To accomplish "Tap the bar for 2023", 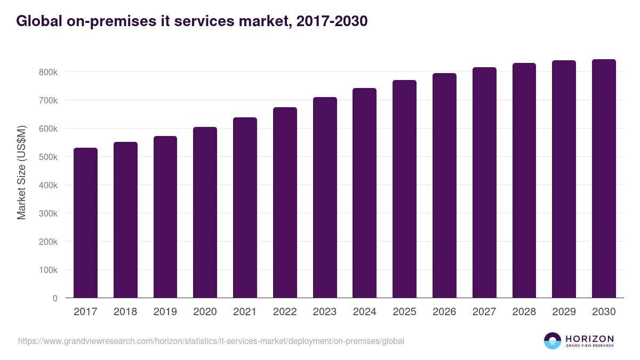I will [325, 197].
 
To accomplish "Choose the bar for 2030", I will [604, 179].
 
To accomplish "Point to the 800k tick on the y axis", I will [47, 72].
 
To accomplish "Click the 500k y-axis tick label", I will [47, 157].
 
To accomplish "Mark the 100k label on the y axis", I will [47, 270].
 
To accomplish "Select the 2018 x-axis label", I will [125, 312].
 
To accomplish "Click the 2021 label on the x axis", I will [245, 312].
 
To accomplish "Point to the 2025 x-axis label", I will [404, 312].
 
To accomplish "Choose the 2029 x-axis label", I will [564, 312].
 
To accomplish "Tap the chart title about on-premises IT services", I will [191, 21].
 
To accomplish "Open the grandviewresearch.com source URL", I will [211, 341].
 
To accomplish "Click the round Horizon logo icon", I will [553, 341].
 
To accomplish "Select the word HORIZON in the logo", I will [589, 339].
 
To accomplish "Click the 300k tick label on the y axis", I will [47, 213].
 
